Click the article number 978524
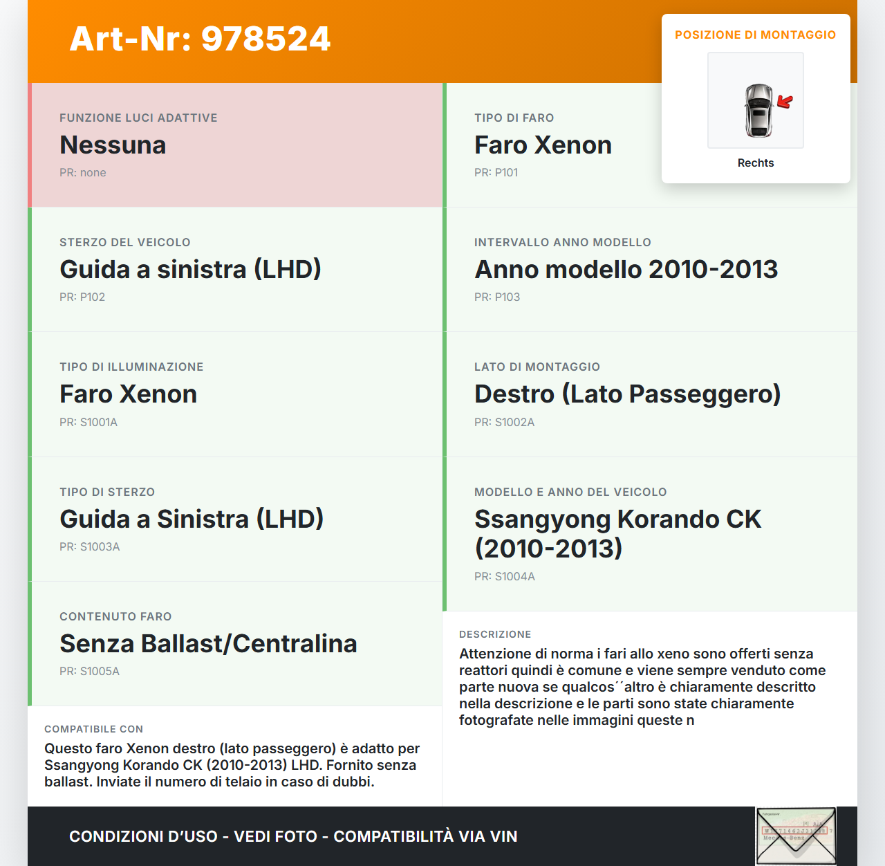tap(266, 39)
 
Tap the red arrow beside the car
tap(785, 102)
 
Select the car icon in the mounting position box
tap(758, 110)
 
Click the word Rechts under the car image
tap(756, 163)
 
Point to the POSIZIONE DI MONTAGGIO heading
tap(755, 35)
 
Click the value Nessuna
tap(113, 145)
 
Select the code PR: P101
tap(496, 173)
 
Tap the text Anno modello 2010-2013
tap(626, 270)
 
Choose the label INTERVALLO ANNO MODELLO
tap(562, 243)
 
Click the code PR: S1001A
tap(88, 423)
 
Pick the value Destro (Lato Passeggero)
tap(627, 394)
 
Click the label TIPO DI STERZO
tap(107, 492)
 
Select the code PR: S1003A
tap(90, 547)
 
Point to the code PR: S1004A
tap(505, 577)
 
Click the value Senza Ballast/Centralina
tap(208, 644)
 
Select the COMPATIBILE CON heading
tap(93, 729)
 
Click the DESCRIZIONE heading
tap(495, 634)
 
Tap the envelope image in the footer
tap(796, 836)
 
